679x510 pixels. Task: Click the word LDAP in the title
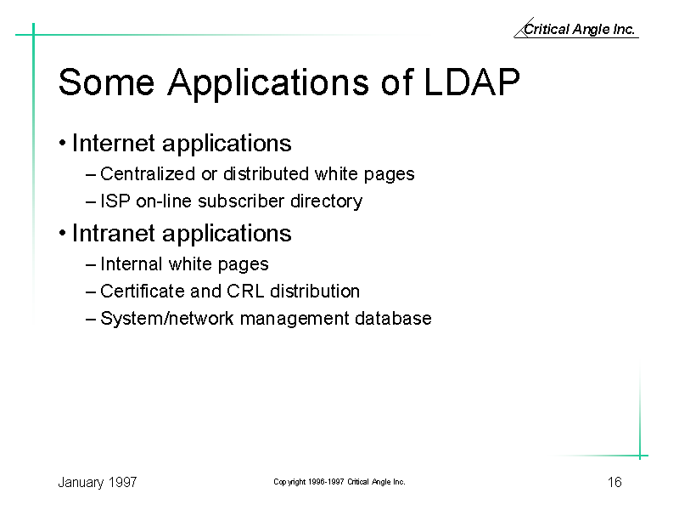point(472,82)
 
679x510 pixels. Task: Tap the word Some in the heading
point(107,82)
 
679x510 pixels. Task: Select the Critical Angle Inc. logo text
point(579,29)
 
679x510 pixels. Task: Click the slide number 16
point(614,482)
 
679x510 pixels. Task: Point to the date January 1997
point(98,483)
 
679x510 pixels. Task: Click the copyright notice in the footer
point(339,482)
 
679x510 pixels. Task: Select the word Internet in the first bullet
point(114,143)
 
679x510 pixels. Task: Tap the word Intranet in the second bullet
point(114,233)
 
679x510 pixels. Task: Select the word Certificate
point(142,292)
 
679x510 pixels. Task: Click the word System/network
point(166,319)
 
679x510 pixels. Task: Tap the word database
point(393,318)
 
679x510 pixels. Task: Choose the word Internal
point(132,264)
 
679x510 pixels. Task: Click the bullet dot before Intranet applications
point(62,233)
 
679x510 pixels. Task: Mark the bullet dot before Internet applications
point(62,143)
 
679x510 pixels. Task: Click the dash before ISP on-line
point(91,202)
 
